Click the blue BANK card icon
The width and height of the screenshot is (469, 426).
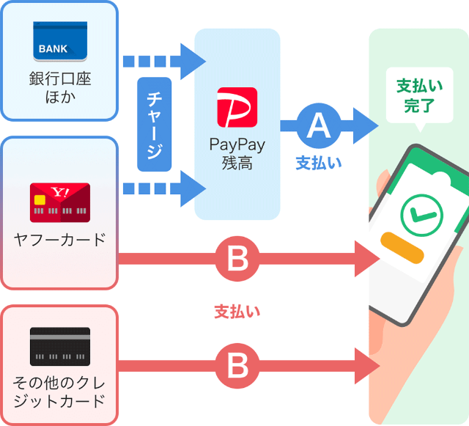(x=59, y=41)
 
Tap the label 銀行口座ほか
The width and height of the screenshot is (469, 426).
(x=59, y=87)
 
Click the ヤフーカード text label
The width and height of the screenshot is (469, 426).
(x=59, y=239)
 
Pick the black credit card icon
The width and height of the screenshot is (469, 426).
(x=59, y=346)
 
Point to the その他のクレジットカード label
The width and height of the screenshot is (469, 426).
(x=59, y=392)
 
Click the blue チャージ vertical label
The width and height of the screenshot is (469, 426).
(x=155, y=124)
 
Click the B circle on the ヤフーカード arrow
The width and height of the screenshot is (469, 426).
(x=237, y=258)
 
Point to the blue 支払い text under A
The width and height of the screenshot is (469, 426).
(x=319, y=164)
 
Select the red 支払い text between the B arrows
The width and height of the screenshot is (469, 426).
(x=237, y=312)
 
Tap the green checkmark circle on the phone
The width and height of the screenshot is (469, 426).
(x=421, y=213)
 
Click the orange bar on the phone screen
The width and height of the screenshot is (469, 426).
(x=402, y=249)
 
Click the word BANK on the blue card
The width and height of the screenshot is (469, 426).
(x=53, y=49)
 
